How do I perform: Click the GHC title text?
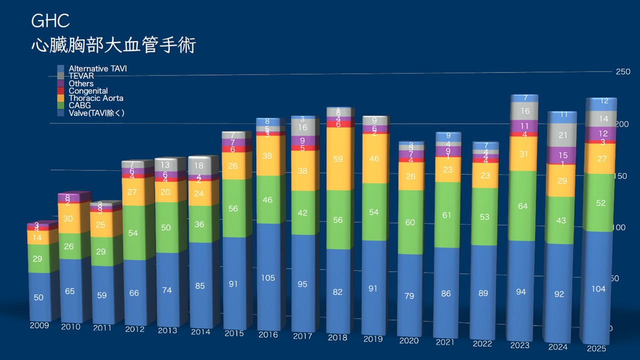click(x=50, y=21)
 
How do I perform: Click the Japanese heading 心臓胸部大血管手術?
click(x=113, y=45)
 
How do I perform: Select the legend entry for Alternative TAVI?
click(x=97, y=68)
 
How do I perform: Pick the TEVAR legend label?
click(x=81, y=76)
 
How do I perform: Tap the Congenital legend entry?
click(x=88, y=91)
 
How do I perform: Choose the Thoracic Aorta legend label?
click(x=96, y=98)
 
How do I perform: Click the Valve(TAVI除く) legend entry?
click(x=96, y=113)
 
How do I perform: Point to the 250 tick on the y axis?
click(x=623, y=72)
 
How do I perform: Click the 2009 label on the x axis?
click(x=39, y=325)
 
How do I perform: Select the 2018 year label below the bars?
click(x=337, y=338)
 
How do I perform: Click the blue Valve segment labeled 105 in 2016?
click(x=268, y=278)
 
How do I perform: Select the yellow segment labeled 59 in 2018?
click(x=338, y=159)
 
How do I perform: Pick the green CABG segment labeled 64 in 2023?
click(x=523, y=206)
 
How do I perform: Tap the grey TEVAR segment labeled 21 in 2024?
click(x=563, y=135)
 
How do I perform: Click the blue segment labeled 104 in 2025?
click(x=598, y=289)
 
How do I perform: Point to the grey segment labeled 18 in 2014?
click(x=199, y=165)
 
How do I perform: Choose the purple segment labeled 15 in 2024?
click(x=563, y=155)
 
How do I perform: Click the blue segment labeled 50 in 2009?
click(x=39, y=297)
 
